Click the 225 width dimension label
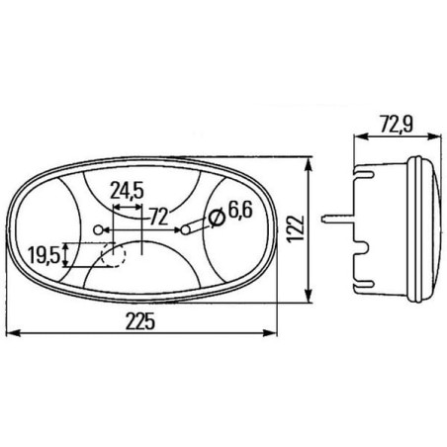pos(139,321)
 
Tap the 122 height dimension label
pos(296,229)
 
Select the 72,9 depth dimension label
pos(397,125)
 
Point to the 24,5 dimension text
pos(127,191)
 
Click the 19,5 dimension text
pos(45,255)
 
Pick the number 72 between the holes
pos(159,217)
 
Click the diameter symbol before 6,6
pos(217,218)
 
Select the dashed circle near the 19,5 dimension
pos(114,255)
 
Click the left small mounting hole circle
pos(98,229)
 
